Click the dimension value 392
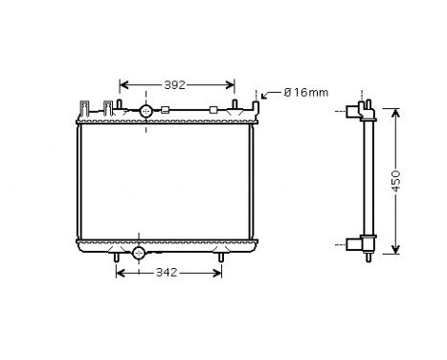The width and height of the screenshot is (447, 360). [174, 85]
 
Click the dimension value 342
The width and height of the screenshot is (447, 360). [167, 273]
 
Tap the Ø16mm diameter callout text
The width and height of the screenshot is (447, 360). [305, 92]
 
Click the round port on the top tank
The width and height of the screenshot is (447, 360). [146, 112]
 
